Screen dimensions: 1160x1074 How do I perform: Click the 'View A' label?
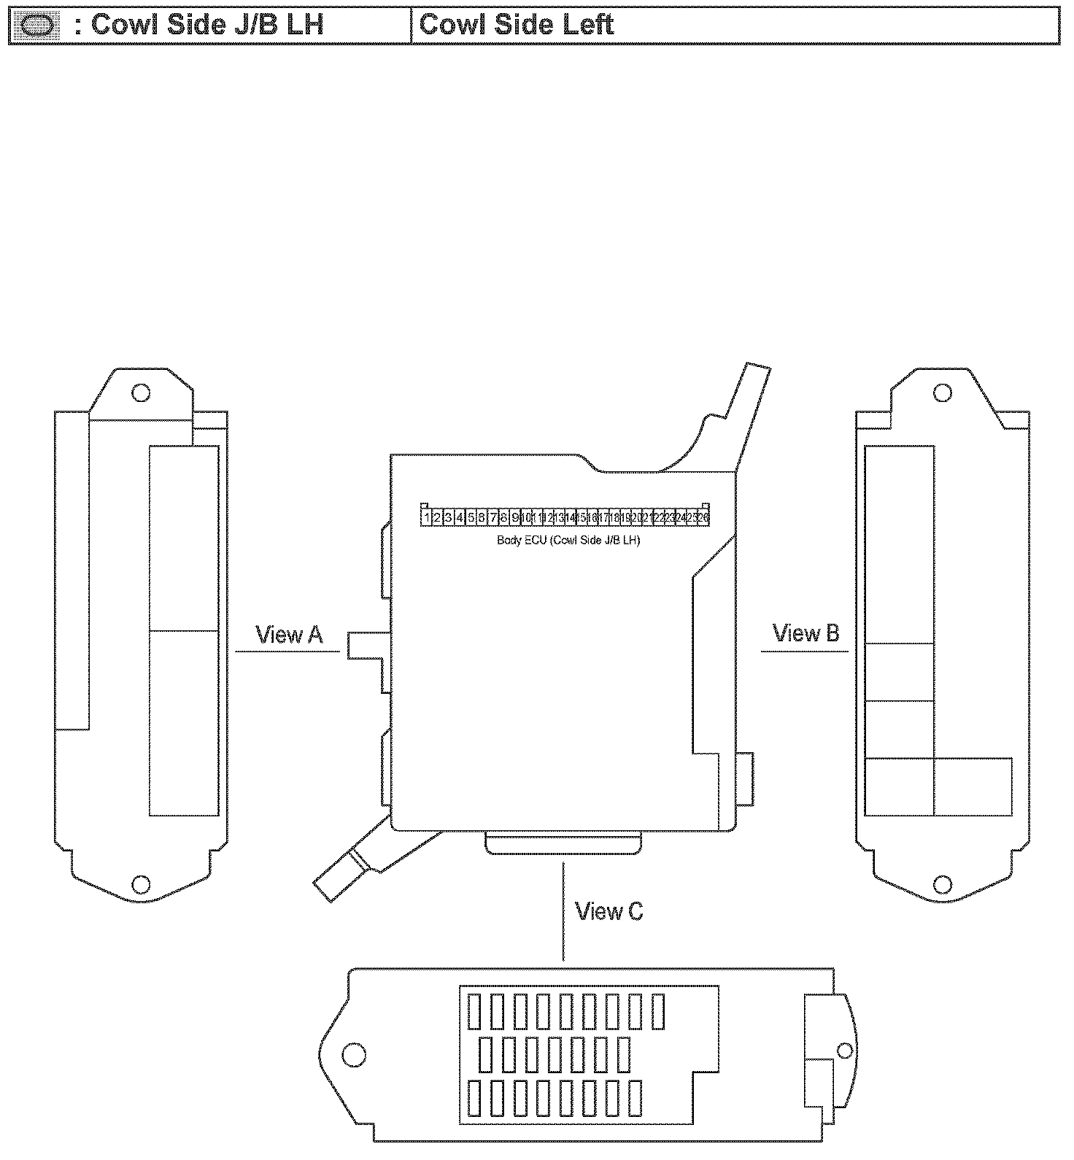click(x=288, y=635)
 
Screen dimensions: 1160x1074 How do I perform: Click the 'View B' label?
click(x=805, y=633)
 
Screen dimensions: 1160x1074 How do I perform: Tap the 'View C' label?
click(x=609, y=911)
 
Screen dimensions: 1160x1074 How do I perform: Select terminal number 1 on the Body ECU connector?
click(x=426, y=517)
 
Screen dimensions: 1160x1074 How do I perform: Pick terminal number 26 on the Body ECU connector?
click(x=703, y=517)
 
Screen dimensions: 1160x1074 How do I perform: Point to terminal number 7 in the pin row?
click(x=492, y=517)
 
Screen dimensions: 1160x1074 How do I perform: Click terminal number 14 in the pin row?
click(x=571, y=517)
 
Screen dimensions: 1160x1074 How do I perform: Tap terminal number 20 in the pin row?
click(x=636, y=517)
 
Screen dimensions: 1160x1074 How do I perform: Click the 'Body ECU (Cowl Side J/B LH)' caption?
click(x=568, y=541)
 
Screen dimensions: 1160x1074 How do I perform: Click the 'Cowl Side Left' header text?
click(x=517, y=26)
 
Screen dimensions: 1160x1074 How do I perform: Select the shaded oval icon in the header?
click(x=36, y=26)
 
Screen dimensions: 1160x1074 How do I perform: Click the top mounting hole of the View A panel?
click(x=140, y=393)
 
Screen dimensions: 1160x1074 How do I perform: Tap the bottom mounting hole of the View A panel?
click(x=140, y=885)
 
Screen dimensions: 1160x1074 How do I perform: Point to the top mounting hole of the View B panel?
click(x=942, y=393)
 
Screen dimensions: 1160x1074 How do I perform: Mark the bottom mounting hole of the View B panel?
click(x=942, y=885)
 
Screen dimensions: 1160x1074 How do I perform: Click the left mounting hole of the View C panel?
click(x=354, y=1053)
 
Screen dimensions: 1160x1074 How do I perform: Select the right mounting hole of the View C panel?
click(x=844, y=1051)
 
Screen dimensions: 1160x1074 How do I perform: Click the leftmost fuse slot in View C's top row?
click(x=474, y=1011)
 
